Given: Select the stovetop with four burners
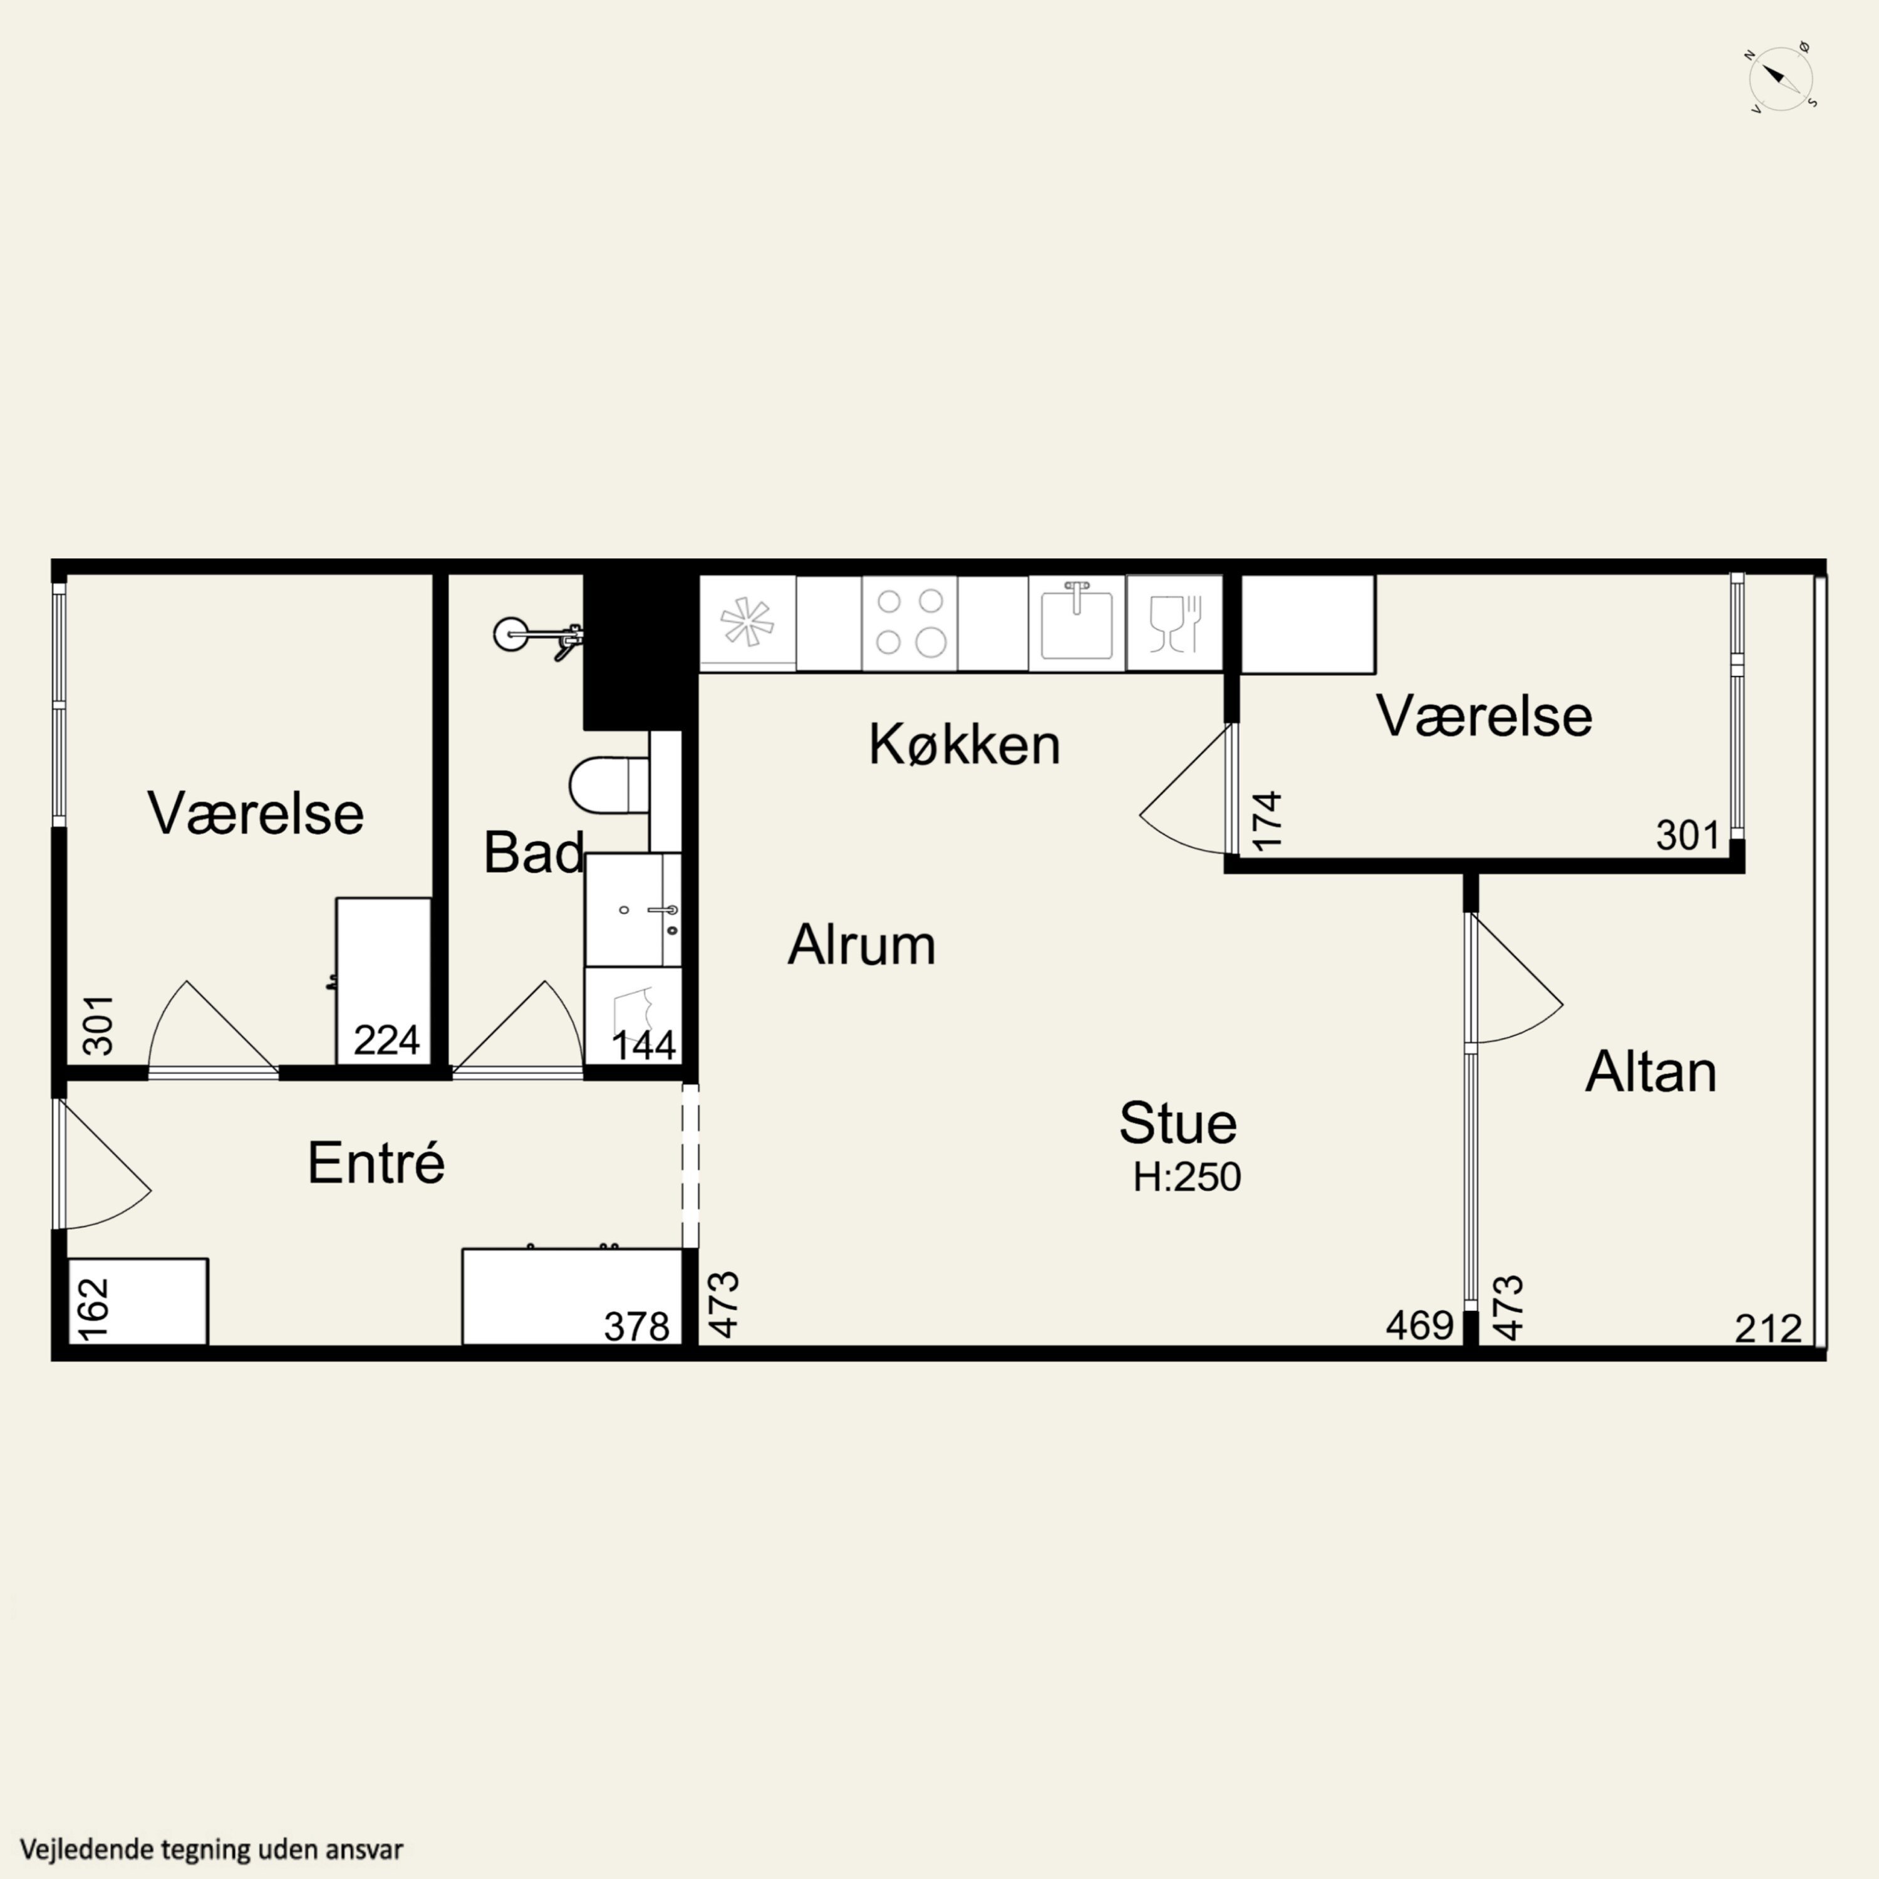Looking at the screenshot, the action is pyautogui.click(x=910, y=623).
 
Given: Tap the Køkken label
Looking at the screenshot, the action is pyautogui.click(x=964, y=745).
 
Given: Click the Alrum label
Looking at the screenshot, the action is pyautogui.click(x=862, y=945).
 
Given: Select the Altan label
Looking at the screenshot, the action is pyautogui.click(x=1650, y=1072).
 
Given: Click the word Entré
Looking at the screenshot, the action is pyautogui.click(x=376, y=1162).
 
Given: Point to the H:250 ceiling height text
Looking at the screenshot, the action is pyautogui.click(x=1186, y=1178).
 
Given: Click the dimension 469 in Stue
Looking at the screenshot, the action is pyautogui.click(x=1420, y=1325).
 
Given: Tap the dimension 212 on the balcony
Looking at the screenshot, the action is pyautogui.click(x=1768, y=1328).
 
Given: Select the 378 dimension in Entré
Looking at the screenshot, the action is pyautogui.click(x=637, y=1327).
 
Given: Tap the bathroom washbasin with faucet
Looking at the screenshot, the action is pyautogui.click(x=633, y=910).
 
